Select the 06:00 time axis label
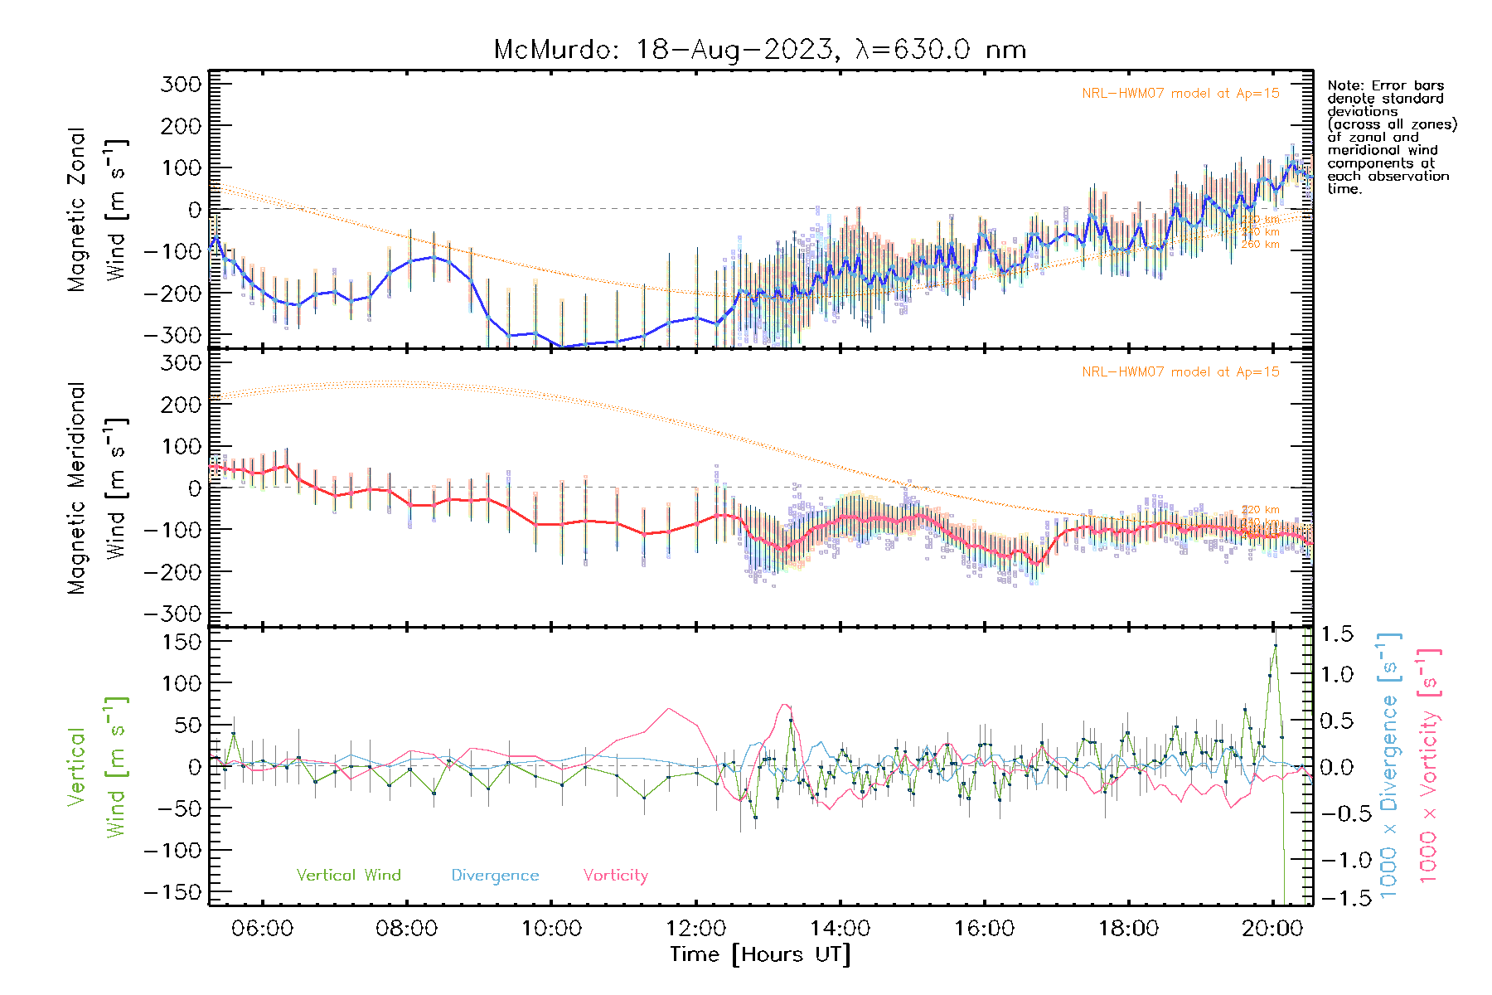262,928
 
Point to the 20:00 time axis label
1272,928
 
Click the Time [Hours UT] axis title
759,954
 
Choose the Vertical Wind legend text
348,875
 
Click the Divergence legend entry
495,875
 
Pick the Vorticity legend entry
615,875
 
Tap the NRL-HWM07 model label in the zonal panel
1180,94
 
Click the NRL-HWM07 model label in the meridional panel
1180,372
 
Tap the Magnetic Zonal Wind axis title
96,209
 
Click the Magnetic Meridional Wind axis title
96,488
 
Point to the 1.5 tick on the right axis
1337,634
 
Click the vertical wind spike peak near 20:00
1275,645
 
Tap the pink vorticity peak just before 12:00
669,708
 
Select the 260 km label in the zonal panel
1260,245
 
